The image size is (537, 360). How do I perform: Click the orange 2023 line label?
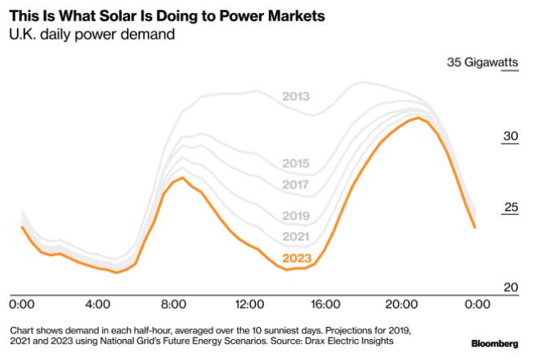coord(296,259)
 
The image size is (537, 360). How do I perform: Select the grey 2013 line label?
coord(296,97)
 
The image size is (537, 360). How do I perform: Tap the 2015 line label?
coord(296,163)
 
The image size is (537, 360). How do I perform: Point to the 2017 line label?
coord(296,184)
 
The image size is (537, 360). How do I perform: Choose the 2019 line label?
coord(296,216)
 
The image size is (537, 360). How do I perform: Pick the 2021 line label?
coord(296,236)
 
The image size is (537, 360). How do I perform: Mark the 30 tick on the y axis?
coord(510,136)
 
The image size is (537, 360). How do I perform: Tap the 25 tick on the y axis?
coord(510,207)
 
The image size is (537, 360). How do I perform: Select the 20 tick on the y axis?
coord(510,285)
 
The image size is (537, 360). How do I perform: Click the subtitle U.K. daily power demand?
coord(93,35)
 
